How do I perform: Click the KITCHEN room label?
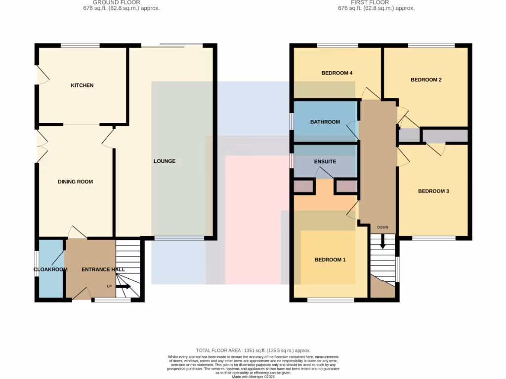coord(82,85)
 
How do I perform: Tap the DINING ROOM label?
coord(75,182)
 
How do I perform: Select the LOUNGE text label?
coord(165,161)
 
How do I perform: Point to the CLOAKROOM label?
coord(50,269)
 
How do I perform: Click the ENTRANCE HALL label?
coord(103,269)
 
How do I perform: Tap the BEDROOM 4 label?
coord(337,73)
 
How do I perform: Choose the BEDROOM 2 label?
coord(426,79)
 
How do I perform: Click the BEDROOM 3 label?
coord(433,191)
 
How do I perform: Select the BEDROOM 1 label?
coord(331,260)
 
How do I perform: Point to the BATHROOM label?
coord(325,122)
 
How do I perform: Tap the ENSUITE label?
coord(325,161)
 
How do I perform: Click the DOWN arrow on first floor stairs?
coord(382,241)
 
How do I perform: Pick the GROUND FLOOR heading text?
coord(117,2)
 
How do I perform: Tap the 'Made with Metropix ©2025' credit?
coord(253,377)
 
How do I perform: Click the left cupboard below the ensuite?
coord(303,186)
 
